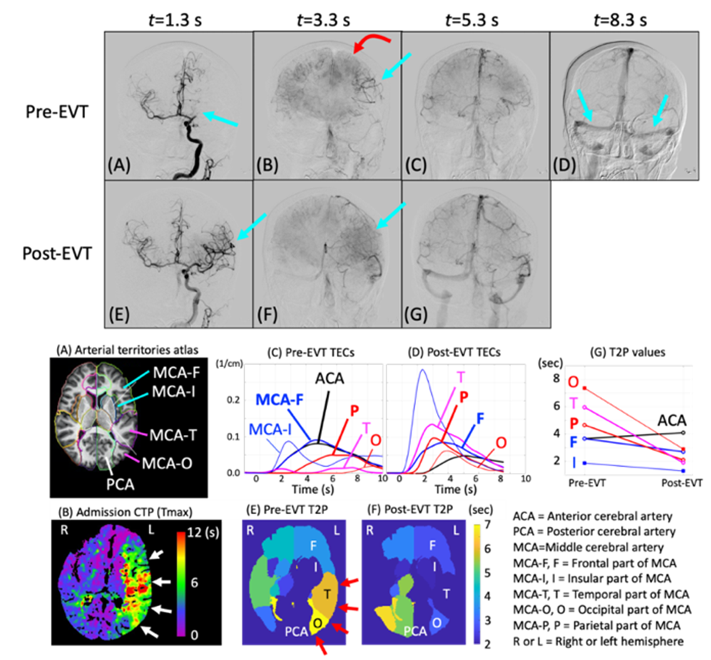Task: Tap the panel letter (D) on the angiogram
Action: coord(564,166)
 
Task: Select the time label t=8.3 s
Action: coord(620,20)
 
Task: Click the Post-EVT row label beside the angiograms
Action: coord(57,253)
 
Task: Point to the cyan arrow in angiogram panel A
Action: coord(220,119)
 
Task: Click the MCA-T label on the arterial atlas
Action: coord(173,435)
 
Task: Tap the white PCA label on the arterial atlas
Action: coord(121,484)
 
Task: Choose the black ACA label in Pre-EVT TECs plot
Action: coord(330,378)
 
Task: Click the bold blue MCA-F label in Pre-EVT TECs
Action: coord(280,399)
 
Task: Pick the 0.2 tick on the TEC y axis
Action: coord(233,400)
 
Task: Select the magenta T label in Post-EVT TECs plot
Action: coord(461,377)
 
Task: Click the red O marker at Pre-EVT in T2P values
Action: coord(585,388)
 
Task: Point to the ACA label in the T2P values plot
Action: coord(672,420)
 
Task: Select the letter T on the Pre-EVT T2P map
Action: coord(327,593)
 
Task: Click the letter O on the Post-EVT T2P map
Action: coord(436,623)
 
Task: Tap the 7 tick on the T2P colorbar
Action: coord(488,524)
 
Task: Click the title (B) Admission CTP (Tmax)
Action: coord(126,512)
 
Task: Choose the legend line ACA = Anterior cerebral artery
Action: coord(593,516)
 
